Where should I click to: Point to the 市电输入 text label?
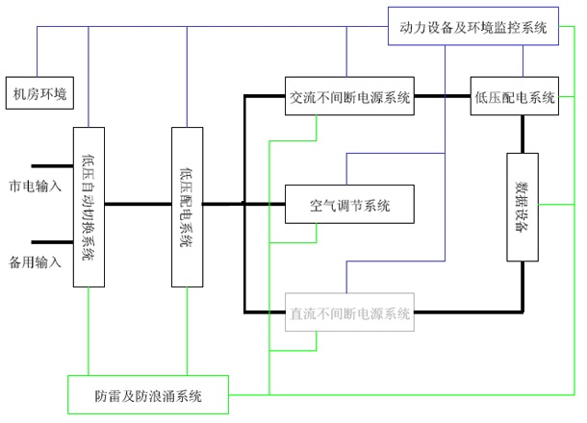35,186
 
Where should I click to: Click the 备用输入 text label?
35,262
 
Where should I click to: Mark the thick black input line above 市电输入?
52,166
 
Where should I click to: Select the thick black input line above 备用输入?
52,242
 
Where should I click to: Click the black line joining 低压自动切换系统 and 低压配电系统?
139,204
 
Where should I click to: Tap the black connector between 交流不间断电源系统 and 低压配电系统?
442,96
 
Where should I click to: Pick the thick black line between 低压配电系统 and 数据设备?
523,134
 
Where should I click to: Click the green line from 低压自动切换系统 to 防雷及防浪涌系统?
89,332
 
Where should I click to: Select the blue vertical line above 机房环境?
38,52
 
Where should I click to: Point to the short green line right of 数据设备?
556,205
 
